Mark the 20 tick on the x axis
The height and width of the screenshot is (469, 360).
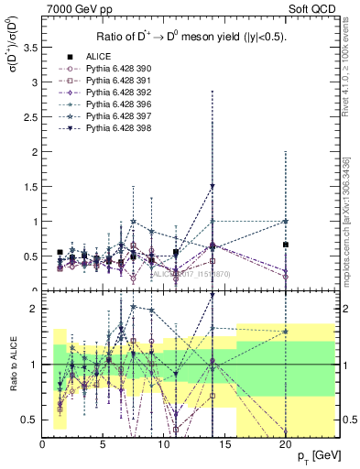point(286,444)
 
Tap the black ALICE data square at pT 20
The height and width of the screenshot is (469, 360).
point(286,245)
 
